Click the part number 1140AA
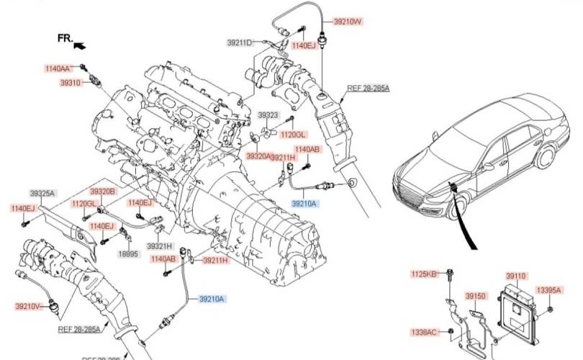[58, 68]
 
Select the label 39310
[70, 84]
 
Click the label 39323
[268, 115]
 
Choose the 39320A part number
[259, 156]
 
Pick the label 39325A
[42, 193]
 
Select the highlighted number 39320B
[102, 192]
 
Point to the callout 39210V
[27, 306]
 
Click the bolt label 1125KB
[424, 274]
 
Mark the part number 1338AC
[423, 332]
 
